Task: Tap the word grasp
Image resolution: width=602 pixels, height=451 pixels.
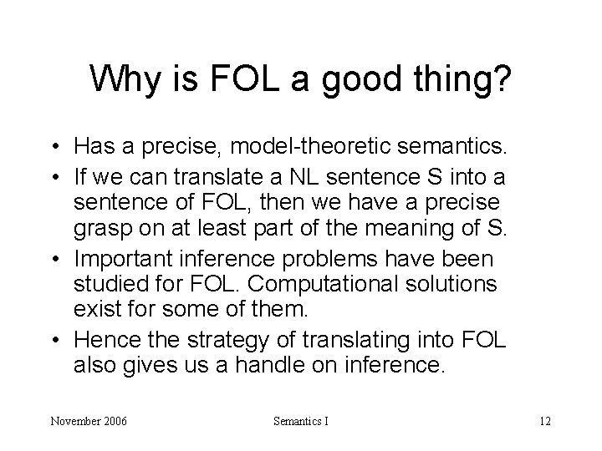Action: [104, 225]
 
